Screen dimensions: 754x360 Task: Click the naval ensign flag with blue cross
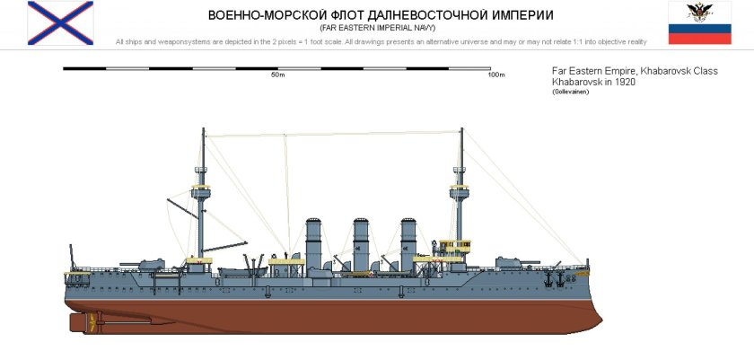pyautogui.click(x=59, y=22)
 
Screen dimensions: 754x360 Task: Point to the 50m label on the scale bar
pyautogui.click(x=277, y=75)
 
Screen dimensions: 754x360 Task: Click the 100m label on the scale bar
pyautogui.click(x=495, y=75)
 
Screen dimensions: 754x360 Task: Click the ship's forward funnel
pyautogui.click(x=408, y=242)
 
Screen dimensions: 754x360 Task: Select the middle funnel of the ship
pyautogui.click(x=361, y=242)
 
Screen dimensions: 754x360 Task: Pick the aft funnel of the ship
pyautogui.click(x=313, y=242)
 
